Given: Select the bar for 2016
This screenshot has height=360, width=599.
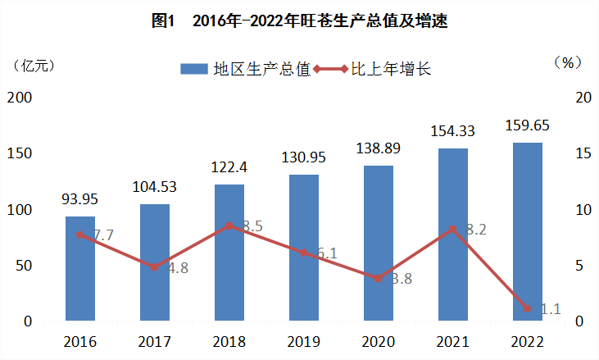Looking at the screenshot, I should coord(80,268).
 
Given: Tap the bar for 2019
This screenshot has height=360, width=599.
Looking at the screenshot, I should coord(303,247).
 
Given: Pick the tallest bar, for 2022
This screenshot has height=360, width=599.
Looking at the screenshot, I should coord(527,231).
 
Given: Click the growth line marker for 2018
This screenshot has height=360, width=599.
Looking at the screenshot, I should coord(229,226).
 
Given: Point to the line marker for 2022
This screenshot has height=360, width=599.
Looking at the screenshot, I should coord(527,308).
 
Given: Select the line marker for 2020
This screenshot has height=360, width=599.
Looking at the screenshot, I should coord(378,279).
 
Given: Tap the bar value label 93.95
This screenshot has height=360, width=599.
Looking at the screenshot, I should coord(80,199).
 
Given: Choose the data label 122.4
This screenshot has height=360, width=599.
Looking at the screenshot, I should coord(229,167).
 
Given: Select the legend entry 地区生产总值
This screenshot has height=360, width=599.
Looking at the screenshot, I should coord(246,70).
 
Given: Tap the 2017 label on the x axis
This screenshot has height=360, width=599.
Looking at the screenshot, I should coord(154,341).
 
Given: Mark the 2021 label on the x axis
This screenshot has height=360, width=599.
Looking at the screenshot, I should coord(452,341).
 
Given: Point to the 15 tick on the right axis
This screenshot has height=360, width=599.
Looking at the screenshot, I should coord(581,153).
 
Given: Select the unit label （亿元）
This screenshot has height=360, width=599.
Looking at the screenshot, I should coord(33,66).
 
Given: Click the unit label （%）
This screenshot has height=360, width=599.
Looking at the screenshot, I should coord(567,63).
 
